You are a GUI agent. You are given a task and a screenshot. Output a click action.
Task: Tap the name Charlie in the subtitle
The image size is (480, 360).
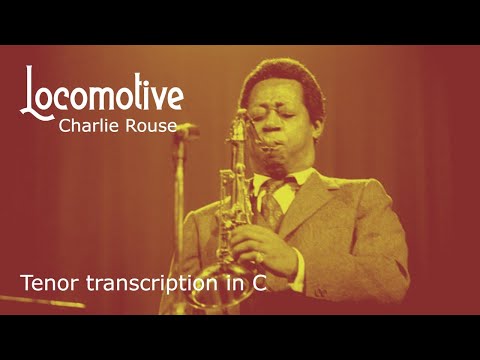tap(87, 126)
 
